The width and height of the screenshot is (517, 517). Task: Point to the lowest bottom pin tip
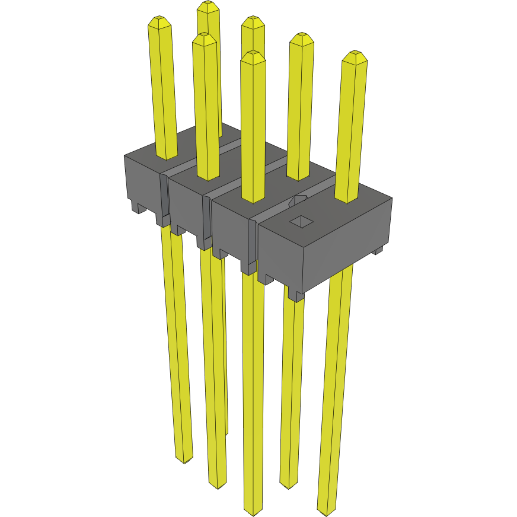click(253, 510)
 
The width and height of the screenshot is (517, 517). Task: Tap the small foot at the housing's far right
click(378, 251)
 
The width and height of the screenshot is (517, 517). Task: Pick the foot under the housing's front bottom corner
click(296, 295)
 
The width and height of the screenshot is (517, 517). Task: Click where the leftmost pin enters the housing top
click(167, 155)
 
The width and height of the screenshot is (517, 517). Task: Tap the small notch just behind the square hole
click(298, 201)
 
